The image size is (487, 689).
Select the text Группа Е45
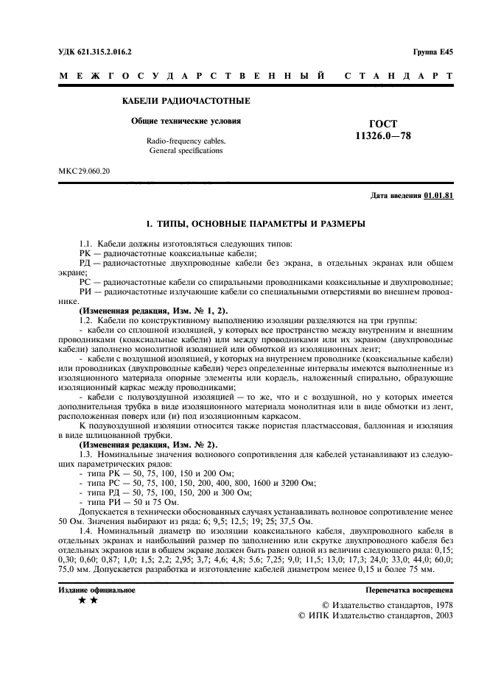click(x=432, y=52)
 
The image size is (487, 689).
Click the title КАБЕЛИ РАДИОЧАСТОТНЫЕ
click(x=185, y=100)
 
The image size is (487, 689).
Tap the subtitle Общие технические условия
click(x=186, y=120)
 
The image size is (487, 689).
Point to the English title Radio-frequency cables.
click(x=186, y=140)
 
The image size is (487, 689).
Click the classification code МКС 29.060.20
click(x=84, y=171)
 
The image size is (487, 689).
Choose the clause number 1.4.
click(x=86, y=531)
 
